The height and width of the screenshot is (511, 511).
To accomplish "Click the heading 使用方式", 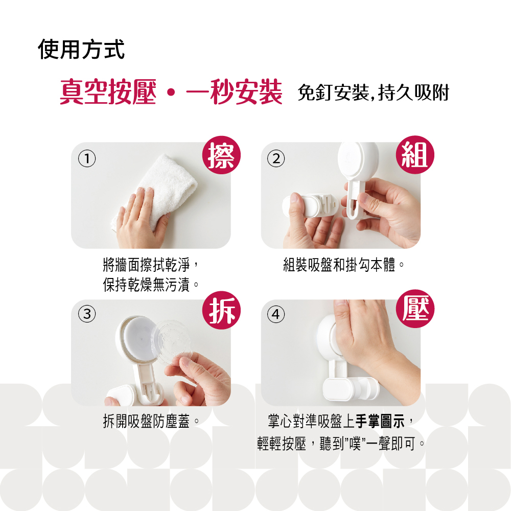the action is [x=81, y=49].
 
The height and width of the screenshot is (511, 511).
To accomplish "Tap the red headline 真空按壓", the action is [x=108, y=92].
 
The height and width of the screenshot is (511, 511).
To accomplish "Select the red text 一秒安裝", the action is [x=234, y=92].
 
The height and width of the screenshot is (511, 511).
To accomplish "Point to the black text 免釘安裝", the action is [x=333, y=92].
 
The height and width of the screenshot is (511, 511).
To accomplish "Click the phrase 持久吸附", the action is [x=413, y=92].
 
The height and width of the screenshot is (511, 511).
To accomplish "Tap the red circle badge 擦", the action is [x=221, y=155].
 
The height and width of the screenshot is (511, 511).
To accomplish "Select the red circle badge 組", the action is [x=415, y=155].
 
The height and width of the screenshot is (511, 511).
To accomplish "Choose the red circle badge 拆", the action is [x=221, y=310].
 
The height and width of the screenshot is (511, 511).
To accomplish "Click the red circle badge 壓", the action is [x=415, y=309].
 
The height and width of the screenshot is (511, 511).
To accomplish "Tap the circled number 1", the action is [x=87, y=159].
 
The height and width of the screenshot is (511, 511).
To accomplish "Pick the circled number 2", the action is [x=276, y=159].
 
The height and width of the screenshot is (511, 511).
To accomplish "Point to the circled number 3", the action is [x=87, y=314].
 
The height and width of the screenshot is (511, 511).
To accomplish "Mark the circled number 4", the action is [x=276, y=314].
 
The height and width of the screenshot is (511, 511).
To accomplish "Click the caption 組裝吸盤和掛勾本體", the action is [x=339, y=264].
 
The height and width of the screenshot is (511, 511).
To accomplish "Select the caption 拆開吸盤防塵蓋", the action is [x=146, y=422].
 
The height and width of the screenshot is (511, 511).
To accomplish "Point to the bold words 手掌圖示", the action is [x=380, y=421].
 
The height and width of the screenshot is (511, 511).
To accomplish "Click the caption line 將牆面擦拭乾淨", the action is [x=146, y=264].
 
